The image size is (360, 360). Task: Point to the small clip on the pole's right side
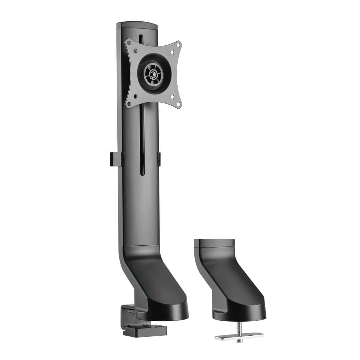tap(159, 158)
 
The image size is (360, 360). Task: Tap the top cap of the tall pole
tap(137, 26)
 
